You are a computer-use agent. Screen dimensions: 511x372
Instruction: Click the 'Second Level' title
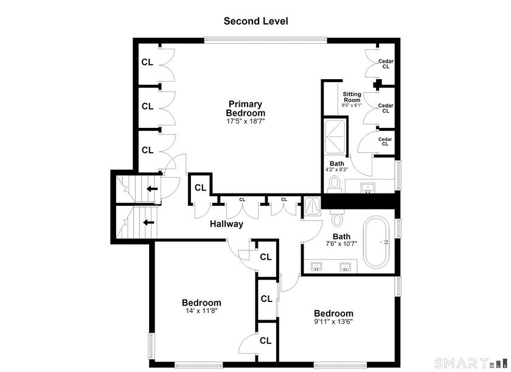pos(256,21)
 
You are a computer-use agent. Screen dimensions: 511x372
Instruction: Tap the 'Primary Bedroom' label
pos(245,108)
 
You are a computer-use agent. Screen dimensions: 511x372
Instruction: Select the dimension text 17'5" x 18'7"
pos(246,121)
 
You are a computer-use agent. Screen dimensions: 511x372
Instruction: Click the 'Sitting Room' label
pos(352,97)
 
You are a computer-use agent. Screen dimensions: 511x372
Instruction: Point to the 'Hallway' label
pos(226,224)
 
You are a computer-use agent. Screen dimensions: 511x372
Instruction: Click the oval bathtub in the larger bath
pos(376,242)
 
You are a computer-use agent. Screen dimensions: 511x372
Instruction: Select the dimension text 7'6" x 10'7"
pos(341,244)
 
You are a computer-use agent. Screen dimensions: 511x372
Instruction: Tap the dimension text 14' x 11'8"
pos(201,311)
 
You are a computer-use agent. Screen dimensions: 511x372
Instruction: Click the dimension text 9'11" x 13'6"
pos(333,321)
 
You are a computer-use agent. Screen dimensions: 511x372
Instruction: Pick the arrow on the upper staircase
pos(152,189)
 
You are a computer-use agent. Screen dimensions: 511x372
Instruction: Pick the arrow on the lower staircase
pos(148,223)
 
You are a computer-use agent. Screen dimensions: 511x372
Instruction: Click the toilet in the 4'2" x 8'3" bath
pos(335,183)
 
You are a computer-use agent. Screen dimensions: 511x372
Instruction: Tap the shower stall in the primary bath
pos(335,136)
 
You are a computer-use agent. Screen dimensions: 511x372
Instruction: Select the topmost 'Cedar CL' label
pos(386,64)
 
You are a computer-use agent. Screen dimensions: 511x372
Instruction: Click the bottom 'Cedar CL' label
pos(385,141)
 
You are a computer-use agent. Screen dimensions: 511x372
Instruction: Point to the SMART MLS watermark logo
pos(471,363)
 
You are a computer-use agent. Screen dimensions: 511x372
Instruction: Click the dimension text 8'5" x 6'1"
pos(352,105)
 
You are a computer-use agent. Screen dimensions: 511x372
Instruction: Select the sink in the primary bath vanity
pos(368,188)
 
